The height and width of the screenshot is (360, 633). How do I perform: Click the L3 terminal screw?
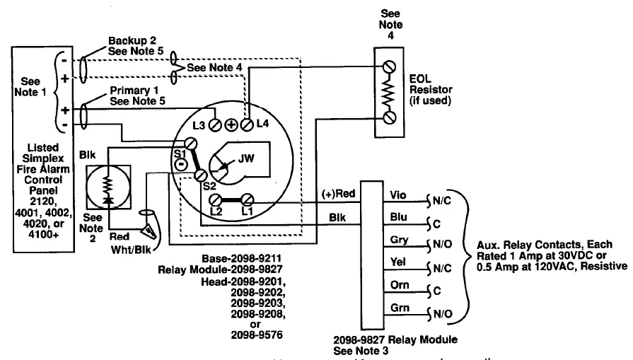(216, 125)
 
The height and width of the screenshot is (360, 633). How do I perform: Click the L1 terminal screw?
(248, 200)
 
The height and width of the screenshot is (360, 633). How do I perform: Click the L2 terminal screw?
(218, 200)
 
